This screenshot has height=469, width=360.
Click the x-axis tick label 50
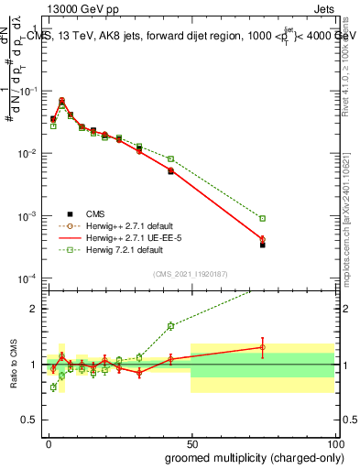click(x=191, y=442)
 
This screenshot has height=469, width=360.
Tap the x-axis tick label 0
click(x=48, y=442)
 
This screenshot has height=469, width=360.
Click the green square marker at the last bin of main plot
click(x=262, y=218)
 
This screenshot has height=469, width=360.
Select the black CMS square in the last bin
click(x=262, y=245)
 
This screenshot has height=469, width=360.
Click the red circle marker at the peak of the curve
click(x=61, y=101)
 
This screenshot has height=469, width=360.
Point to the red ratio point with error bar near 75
click(x=262, y=347)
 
